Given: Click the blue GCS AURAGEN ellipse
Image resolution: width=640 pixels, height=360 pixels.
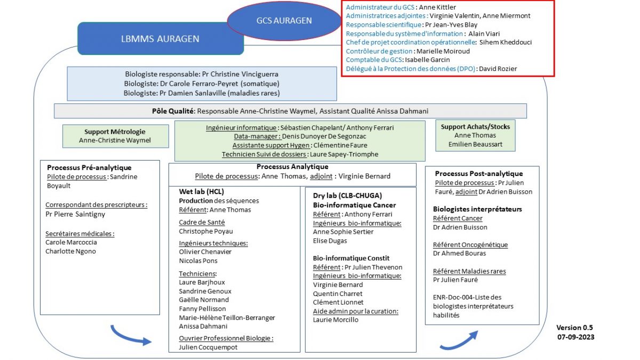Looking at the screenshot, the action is (284, 21).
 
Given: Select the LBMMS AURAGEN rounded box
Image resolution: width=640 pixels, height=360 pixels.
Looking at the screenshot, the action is (161, 38).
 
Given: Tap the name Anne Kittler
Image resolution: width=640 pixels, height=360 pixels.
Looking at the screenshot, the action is (437, 7).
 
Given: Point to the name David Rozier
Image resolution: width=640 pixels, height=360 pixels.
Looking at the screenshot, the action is (498, 69).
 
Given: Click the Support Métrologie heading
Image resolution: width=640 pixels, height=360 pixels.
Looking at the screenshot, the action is (115, 131).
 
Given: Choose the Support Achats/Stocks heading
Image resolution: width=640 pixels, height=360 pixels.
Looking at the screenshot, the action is (475, 126).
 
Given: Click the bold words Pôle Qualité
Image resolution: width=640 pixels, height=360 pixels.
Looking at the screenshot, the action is (173, 111).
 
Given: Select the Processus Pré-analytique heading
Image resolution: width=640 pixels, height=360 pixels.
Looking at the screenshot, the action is (89, 167).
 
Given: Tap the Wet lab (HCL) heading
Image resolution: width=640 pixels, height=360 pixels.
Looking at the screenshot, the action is (202, 191).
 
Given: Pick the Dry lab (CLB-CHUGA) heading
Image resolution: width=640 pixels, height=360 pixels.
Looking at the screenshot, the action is (347, 195).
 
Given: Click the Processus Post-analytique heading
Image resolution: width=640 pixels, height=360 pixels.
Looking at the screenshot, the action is (479, 173).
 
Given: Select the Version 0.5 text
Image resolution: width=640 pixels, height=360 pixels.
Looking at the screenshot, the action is (574, 327).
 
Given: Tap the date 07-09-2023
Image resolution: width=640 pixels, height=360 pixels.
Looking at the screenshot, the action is (575, 337).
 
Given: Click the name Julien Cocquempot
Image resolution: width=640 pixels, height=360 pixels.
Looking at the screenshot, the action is (208, 347).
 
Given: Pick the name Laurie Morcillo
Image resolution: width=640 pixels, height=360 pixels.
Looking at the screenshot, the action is (335, 319).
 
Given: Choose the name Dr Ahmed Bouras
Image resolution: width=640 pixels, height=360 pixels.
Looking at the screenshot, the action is (459, 253).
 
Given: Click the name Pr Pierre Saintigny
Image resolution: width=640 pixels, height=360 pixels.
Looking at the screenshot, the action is (75, 214).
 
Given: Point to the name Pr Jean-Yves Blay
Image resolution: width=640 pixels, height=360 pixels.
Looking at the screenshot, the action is (451, 25).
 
